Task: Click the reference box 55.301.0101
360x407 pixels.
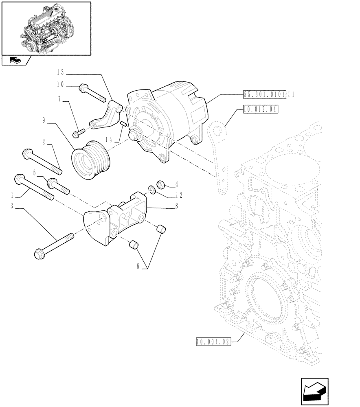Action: coord(264,94)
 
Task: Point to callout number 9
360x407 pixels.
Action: coord(43,120)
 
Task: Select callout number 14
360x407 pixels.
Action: coord(108,139)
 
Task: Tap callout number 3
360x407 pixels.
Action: coord(13,207)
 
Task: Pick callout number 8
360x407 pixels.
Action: coord(176,207)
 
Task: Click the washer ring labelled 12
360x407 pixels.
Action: coord(151,189)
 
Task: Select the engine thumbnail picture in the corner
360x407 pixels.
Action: coord(46,28)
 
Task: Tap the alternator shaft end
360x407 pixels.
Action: coord(132,135)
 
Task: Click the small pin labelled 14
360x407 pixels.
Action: coord(123,124)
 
